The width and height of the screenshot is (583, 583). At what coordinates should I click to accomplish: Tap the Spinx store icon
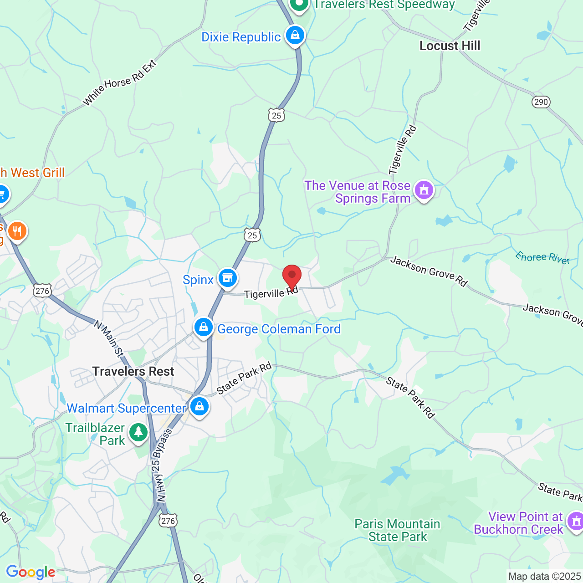(227, 277)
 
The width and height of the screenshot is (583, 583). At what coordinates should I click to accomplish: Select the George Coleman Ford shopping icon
(204, 327)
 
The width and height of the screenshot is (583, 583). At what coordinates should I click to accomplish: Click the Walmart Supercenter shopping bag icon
(199, 406)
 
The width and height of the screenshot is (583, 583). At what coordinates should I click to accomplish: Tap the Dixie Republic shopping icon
(295, 35)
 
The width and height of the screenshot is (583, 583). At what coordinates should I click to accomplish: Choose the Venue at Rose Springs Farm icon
(424, 190)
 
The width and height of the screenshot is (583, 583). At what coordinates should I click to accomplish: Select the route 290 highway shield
(541, 102)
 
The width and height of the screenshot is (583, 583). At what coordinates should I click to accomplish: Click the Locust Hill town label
(450, 46)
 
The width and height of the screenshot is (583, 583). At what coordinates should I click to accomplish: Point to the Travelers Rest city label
(133, 371)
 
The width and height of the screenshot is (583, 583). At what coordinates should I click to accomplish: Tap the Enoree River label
(542, 257)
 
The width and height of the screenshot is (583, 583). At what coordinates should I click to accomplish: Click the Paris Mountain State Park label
(398, 530)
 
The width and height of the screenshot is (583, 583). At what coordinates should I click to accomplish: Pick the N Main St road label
(108, 338)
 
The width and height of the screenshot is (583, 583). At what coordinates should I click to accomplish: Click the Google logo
(31, 572)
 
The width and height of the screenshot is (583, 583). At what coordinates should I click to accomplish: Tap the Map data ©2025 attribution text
(544, 577)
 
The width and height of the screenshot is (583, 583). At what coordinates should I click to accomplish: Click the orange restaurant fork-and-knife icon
(17, 231)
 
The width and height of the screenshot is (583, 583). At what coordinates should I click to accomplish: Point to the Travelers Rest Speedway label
(384, 5)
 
